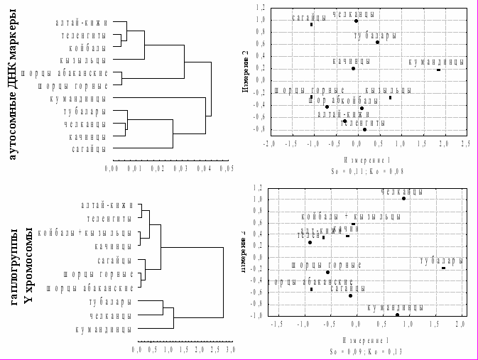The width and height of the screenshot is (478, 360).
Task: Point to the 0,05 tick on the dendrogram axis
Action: click(x=227, y=169)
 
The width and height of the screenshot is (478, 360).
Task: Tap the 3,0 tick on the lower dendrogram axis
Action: click(x=231, y=350)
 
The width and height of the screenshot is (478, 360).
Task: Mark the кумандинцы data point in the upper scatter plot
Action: click(x=439, y=70)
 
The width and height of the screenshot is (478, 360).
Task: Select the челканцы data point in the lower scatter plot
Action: click(x=403, y=199)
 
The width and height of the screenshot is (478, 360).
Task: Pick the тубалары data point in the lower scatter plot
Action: click(x=443, y=268)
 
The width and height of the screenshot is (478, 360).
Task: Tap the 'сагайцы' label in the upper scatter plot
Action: click(x=310, y=16)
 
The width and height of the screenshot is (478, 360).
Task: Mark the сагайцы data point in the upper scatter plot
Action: click(x=311, y=25)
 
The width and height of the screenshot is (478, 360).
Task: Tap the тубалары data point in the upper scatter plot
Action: click(x=378, y=43)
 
